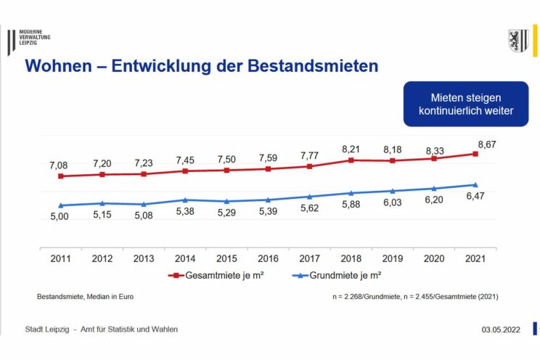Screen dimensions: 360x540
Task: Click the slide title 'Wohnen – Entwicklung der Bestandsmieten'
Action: pos(202,66)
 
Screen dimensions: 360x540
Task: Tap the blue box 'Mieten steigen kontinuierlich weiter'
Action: pos(466,104)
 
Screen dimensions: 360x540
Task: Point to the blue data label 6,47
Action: pos(475,197)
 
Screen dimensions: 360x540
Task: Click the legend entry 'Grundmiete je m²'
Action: pos(340,275)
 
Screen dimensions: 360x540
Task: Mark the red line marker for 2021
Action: pos(475,154)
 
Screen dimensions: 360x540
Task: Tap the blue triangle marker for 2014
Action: pos(185,200)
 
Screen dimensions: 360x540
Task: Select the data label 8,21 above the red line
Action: pos(351,149)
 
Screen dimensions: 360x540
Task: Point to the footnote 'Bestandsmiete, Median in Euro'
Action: pos(85,296)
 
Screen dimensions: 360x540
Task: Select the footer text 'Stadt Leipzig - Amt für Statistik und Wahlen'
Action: pos(102,330)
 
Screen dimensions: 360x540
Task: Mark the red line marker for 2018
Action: pos(351,160)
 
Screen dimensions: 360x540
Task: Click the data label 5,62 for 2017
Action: pos(310,207)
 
